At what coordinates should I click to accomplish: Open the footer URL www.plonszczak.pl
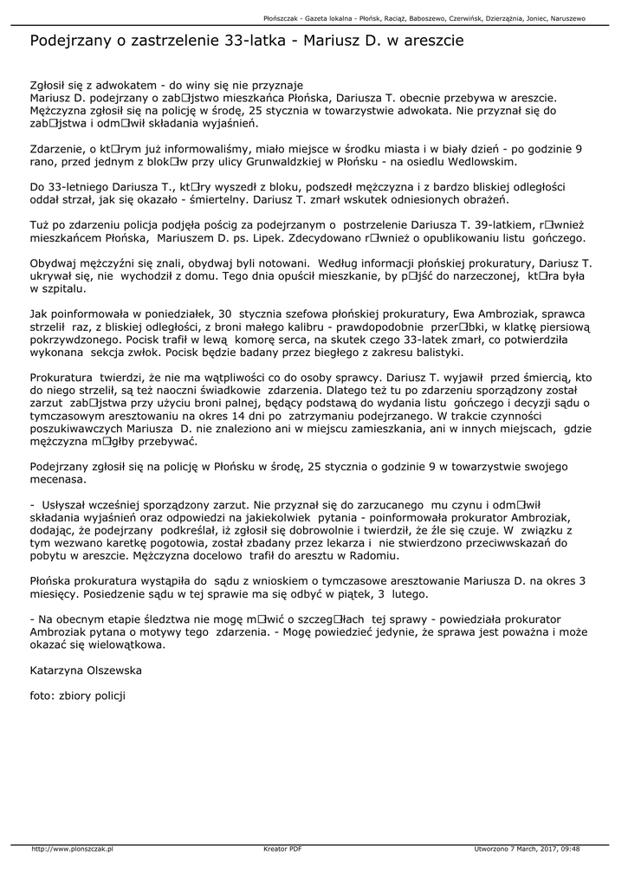[73, 849]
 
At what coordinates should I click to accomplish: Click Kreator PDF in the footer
[282, 849]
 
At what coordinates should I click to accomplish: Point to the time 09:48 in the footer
[569, 849]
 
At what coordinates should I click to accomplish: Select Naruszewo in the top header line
[564, 17]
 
